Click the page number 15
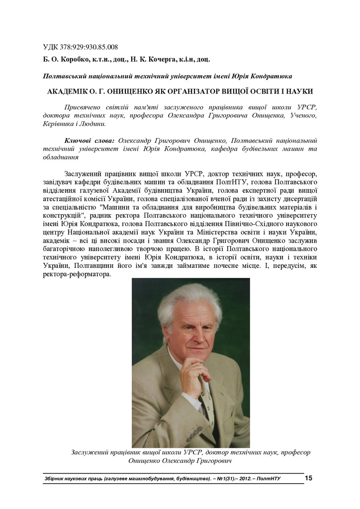coord(308,478)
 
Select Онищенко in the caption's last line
coord(147,461)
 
